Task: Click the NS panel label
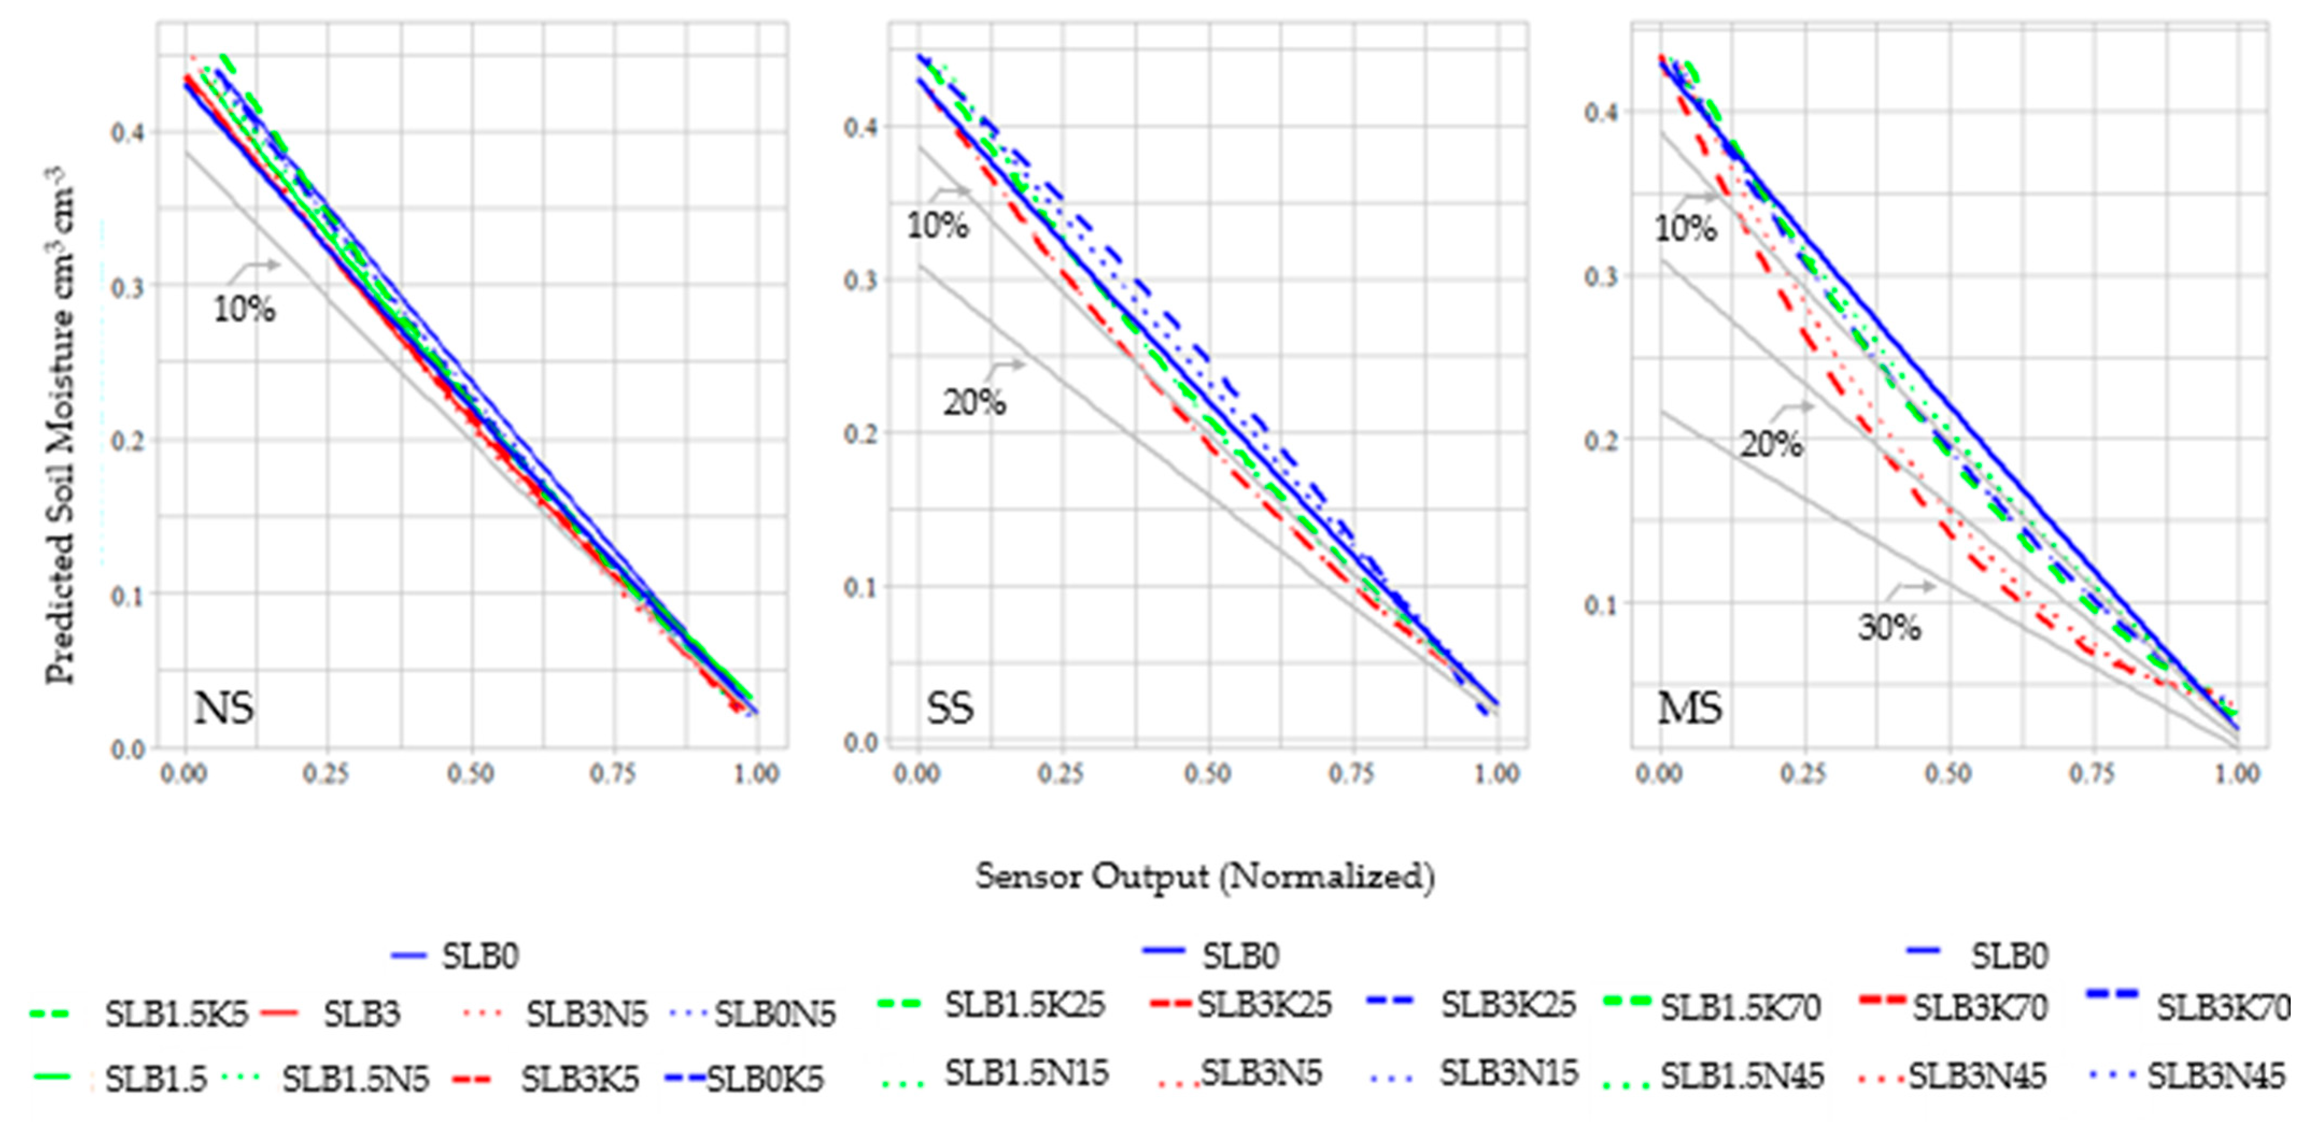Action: coord(223,709)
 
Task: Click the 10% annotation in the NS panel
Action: coord(243,309)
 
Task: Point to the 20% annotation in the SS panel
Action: coord(974,402)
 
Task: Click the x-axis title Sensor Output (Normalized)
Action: coord(1204,876)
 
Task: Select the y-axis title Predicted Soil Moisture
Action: coord(61,425)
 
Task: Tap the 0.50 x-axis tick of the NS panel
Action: coord(470,774)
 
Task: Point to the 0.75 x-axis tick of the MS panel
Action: coord(2092,774)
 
